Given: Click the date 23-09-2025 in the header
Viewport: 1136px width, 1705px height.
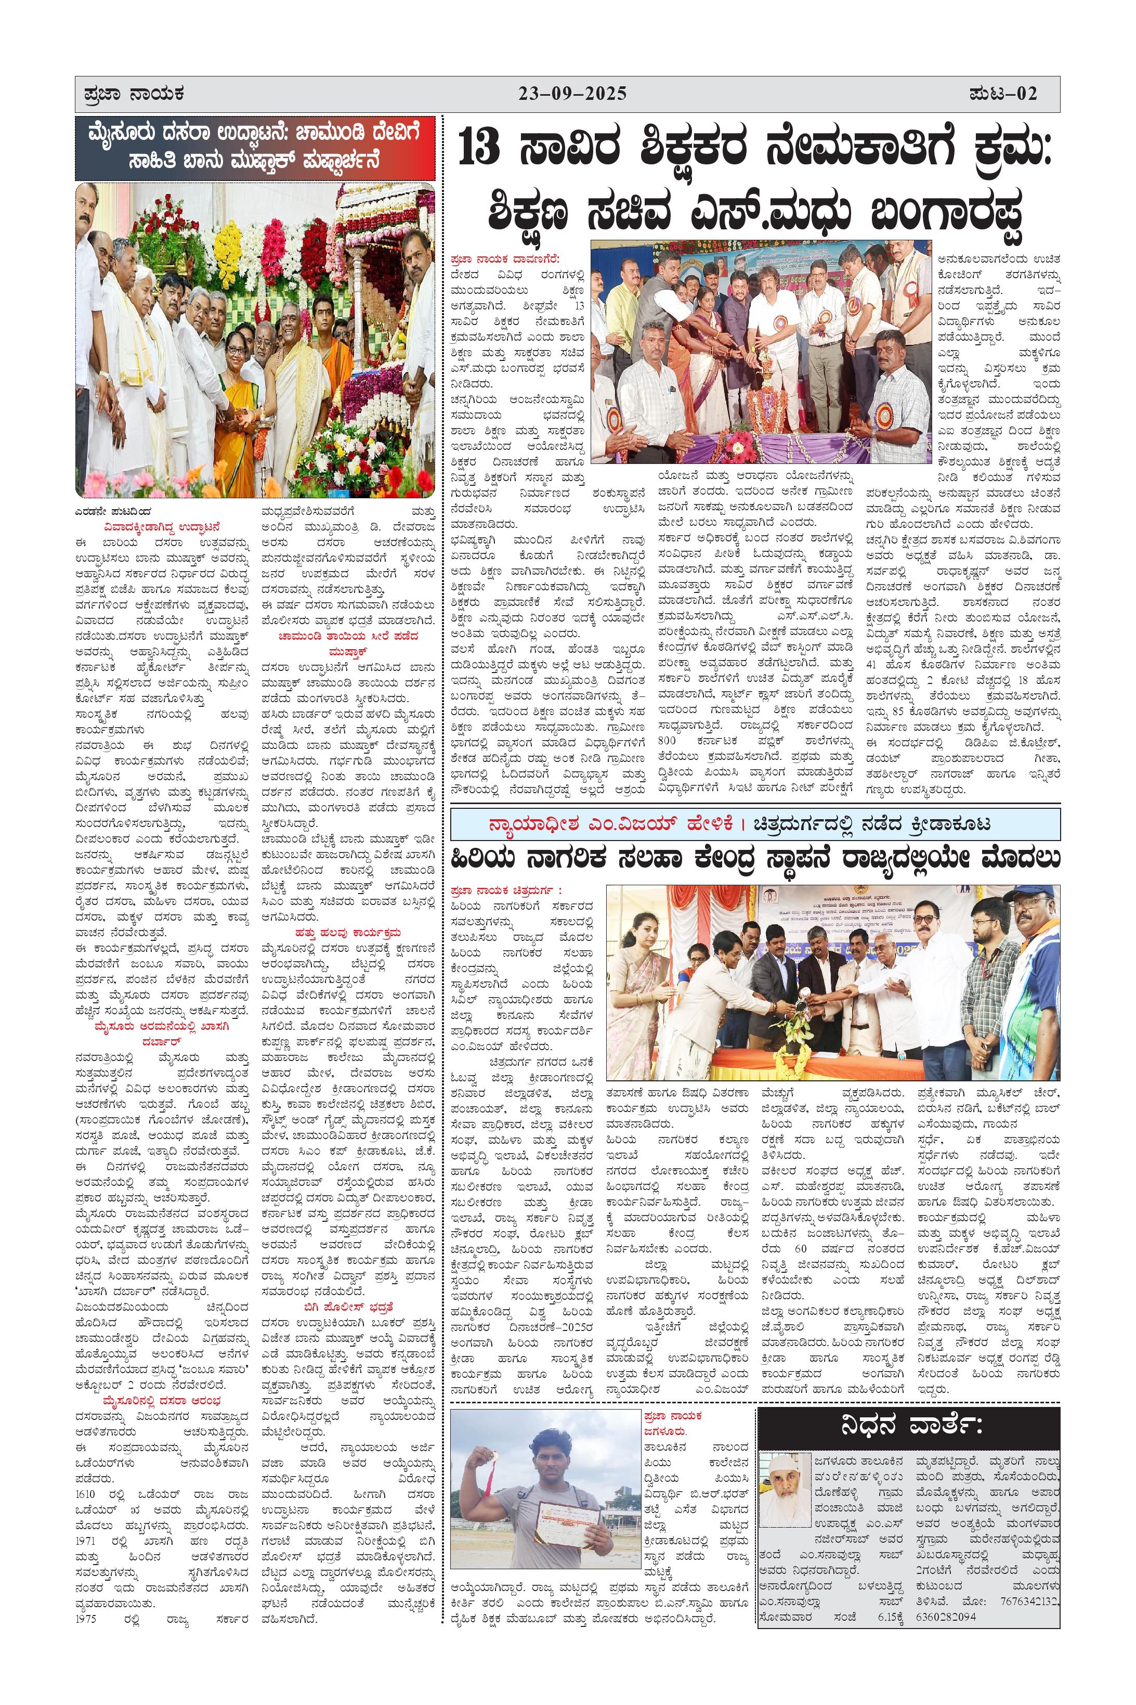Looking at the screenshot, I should pos(572,94).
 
